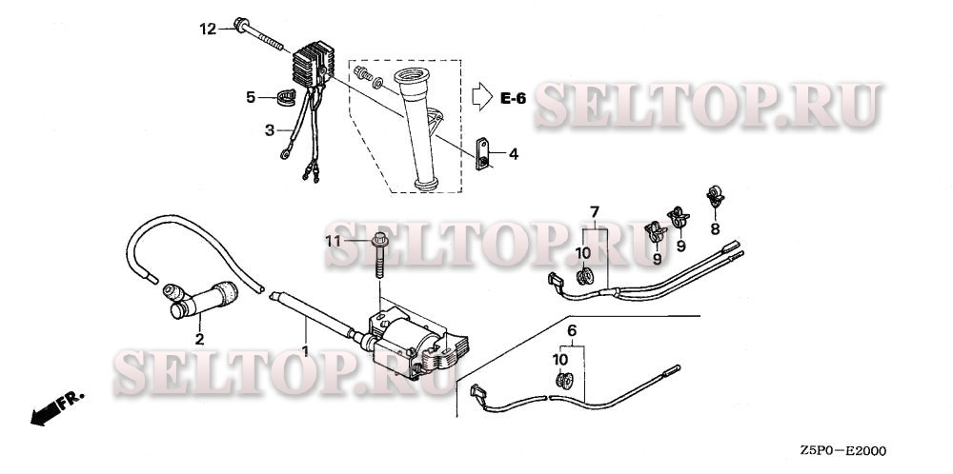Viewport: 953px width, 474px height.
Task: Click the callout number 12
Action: pos(208,29)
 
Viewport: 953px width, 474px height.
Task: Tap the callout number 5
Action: pos(251,97)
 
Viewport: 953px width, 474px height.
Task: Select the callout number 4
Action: pos(514,154)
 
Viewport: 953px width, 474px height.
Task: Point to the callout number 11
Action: pos(333,242)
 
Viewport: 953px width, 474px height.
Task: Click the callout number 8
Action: pos(715,228)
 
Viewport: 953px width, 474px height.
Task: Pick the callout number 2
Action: pos(199,340)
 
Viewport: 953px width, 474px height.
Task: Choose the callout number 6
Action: pos(572,331)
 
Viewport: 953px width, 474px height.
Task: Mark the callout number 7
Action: pos(595,212)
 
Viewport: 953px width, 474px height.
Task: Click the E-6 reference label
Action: pos(513,98)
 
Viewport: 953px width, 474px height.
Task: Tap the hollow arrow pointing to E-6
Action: pos(481,97)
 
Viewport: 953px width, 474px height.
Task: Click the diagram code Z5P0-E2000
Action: pos(842,451)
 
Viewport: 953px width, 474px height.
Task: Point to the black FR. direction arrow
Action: pos(46,414)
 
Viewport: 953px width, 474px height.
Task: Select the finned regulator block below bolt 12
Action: pos(313,64)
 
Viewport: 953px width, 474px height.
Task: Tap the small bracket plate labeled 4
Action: pos(482,154)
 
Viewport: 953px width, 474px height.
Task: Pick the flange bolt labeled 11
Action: pos(380,255)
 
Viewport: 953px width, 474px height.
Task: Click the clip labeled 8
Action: pos(715,195)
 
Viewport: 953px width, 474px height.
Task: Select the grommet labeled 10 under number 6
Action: pos(565,381)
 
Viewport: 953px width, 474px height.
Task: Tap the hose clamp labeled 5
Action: pos(286,97)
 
